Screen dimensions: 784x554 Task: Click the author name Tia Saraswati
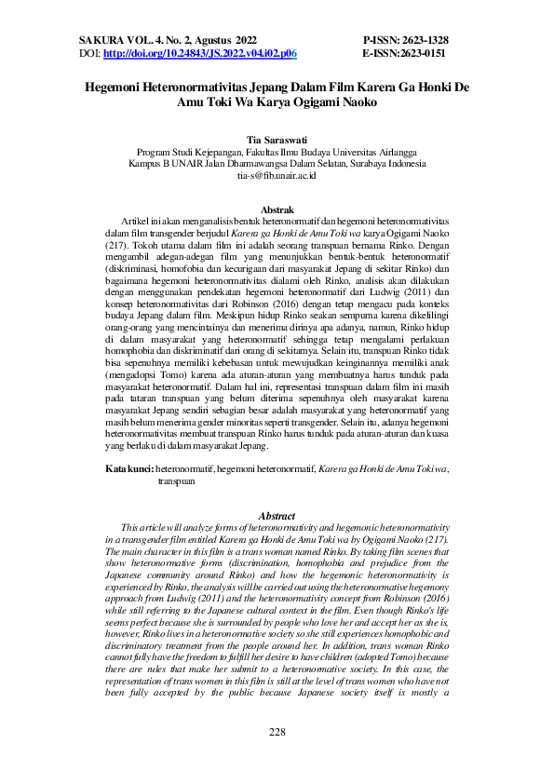(x=277, y=138)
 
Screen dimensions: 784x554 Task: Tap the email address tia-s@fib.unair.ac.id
(x=277, y=175)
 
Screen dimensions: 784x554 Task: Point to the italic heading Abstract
(x=277, y=515)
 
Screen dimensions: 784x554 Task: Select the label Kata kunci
(x=128, y=466)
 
